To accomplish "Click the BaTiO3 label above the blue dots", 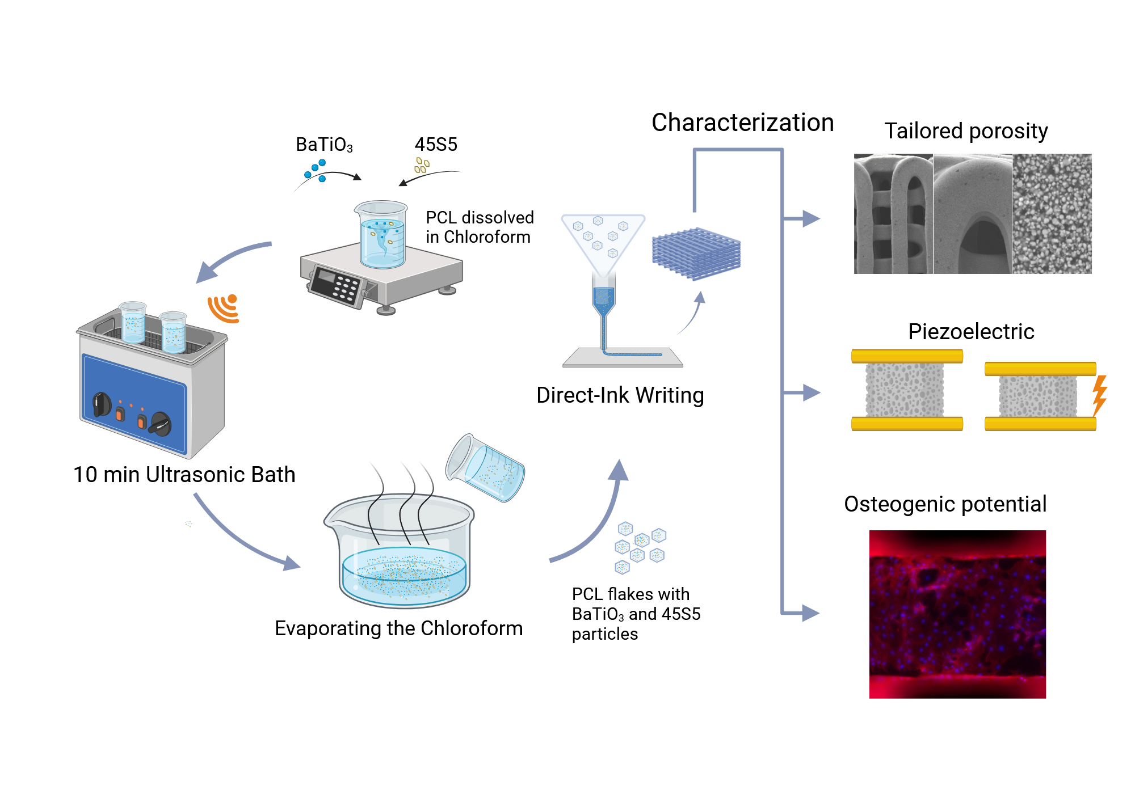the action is [x=324, y=145].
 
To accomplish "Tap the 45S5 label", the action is [x=436, y=144].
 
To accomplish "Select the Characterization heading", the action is [x=742, y=123].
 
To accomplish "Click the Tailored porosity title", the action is [x=966, y=131].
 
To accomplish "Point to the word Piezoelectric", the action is [x=971, y=331].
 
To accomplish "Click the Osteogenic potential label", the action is [x=945, y=504].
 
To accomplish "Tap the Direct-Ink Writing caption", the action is [x=620, y=395].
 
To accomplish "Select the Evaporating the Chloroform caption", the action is [x=398, y=628].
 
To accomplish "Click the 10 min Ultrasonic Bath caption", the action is [x=184, y=475].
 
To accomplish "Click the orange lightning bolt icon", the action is [x=1100, y=395].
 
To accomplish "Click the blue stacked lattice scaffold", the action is [x=696, y=253].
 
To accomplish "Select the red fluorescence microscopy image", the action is [x=957, y=614].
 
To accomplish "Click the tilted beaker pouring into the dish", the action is [x=485, y=468].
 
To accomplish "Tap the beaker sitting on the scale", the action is [x=382, y=234].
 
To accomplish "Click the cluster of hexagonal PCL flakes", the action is [x=640, y=547].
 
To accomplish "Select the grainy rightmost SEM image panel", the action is [x=1052, y=214].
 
